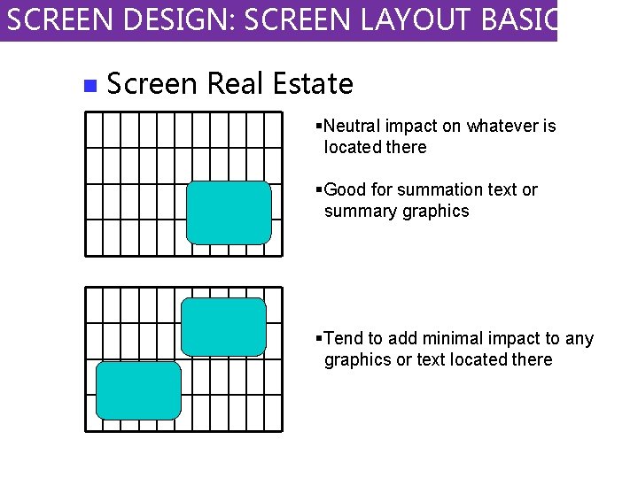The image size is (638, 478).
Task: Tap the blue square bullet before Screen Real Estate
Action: [88, 86]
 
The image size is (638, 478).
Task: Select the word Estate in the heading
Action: [313, 84]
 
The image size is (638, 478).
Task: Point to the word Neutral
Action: [353, 126]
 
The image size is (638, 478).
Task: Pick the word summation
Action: [439, 189]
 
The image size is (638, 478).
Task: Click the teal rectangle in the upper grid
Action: [229, 212]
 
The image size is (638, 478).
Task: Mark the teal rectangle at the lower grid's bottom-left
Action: [137, 390]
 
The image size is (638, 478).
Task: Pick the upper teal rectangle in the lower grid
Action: [223, 327]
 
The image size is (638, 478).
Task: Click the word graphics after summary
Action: [434, 212]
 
